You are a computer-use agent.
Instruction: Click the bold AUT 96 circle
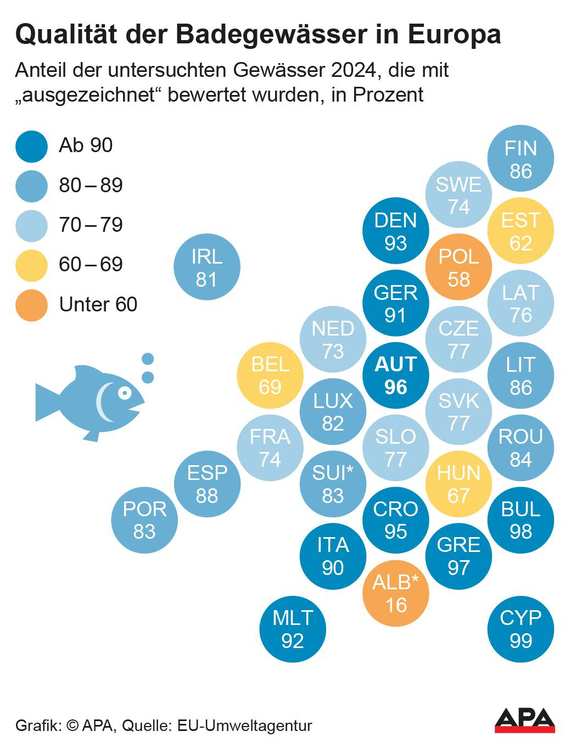395,376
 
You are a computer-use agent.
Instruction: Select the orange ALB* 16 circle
395,593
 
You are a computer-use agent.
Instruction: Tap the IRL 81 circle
206,267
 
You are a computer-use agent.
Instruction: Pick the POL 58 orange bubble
458,267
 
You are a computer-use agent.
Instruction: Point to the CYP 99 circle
520,629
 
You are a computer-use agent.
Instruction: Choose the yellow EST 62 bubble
520,231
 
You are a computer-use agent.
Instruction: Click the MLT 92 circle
293,629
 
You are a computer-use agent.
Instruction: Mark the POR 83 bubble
144,520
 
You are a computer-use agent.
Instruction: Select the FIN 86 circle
520,159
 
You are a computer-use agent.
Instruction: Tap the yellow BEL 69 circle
270,376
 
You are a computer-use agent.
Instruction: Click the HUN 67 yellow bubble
458,484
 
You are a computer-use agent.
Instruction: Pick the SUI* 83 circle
333,484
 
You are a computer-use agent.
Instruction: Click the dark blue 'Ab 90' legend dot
32,146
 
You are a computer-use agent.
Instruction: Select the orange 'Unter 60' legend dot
32,305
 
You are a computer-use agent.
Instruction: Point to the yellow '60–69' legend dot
32,265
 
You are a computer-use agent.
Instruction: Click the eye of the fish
125,393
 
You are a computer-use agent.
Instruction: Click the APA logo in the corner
524,720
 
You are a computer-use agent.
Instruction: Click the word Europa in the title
454,34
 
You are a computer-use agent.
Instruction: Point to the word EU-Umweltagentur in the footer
244,725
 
